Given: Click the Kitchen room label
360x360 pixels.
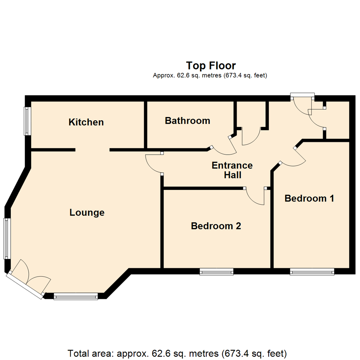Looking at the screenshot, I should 86,122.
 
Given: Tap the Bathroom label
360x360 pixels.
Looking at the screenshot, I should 187,121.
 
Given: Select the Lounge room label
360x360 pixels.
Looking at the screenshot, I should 87,212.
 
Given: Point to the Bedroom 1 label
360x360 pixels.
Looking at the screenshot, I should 309,198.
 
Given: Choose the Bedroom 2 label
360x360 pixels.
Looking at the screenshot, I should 216,226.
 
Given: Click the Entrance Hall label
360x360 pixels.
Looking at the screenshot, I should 232,170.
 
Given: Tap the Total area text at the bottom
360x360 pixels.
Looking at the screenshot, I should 177,353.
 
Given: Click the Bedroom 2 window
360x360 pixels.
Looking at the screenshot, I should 216,272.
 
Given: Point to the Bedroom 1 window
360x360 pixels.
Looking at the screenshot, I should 312,272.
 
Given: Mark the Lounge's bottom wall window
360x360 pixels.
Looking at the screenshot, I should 76,296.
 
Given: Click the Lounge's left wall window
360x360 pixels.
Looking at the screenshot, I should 7,238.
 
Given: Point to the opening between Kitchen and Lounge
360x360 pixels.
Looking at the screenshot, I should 92,150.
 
